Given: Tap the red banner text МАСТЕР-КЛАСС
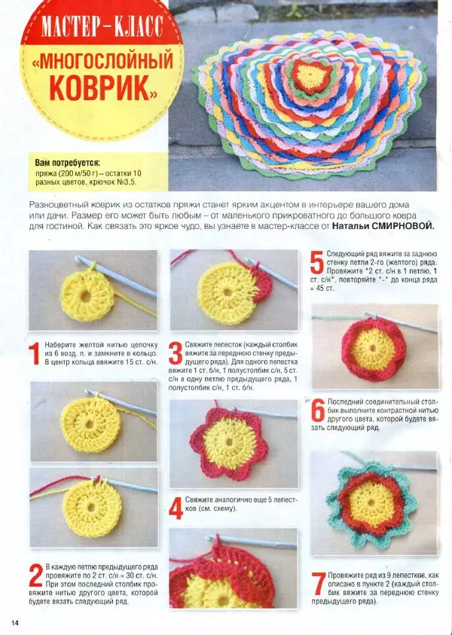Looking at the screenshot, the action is point(102,29).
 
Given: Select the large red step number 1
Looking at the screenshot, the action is point(35,353).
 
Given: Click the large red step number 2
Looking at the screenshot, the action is point(36,575).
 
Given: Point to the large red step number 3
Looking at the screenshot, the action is point(176,353).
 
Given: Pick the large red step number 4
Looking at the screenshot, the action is point(176,508).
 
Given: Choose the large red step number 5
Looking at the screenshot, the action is point(316,261).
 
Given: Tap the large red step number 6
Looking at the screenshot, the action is point(318,411).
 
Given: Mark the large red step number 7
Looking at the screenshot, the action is point(319,583).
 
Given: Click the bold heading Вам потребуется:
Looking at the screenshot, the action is point(67,163).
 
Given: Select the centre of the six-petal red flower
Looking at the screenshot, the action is point(229,443).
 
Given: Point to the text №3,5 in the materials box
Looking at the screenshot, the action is point(126,182).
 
